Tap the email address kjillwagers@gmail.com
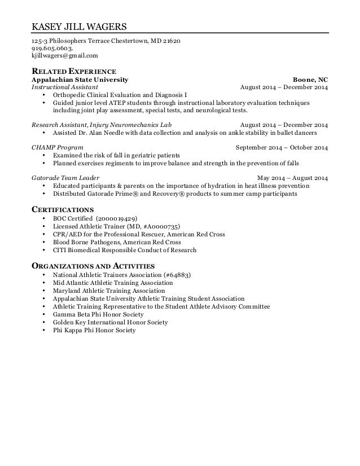[64, 56]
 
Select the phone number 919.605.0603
[52, 49]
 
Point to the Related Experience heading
[73, 72]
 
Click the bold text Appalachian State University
[80, 80]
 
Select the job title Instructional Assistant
[64, 87]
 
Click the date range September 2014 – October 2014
[281, 148]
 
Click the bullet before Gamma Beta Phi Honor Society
[45, 314]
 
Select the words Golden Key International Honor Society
[110, 322]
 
